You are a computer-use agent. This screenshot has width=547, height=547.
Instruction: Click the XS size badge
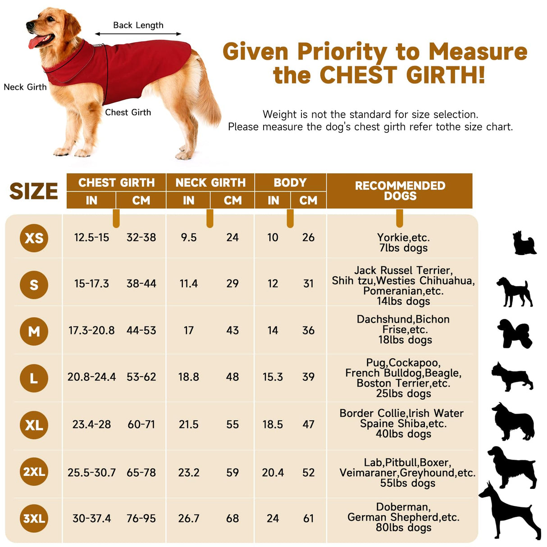[x=34, y=238]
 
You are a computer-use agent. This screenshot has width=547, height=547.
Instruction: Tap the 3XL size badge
[x=34, y=518]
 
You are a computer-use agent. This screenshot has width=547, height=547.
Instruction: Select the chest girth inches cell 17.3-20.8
[x=91, y=331]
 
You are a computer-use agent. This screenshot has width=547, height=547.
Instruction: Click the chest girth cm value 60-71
[x=141, y=424]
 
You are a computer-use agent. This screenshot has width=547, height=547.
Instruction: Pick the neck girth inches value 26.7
[x=188, y=519]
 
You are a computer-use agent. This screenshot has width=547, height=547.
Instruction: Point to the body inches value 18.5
[x=273, y=424]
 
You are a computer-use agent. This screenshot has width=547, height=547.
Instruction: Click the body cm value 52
[x=308, y=473]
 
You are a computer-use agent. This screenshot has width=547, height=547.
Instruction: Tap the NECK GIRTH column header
[x=210, y=182]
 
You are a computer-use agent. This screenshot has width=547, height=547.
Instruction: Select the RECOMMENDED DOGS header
[x=400, y=191]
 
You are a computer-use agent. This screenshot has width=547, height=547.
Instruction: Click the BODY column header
[x=290, y=182]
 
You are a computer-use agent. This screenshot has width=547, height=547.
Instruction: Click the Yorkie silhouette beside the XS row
[x=524, y=243]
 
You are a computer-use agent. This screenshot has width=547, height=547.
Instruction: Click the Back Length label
[x=138, y=25]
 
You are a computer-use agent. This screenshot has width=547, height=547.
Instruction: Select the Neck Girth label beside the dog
[x=25, y=87]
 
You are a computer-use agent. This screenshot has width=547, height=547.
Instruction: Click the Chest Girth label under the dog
[x=128, y=112]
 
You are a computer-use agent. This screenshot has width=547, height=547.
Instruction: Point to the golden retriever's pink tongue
[x=35, y=43]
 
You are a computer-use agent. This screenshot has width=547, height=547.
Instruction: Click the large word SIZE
[x=34, y=191]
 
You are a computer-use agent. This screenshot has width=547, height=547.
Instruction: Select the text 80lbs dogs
[x=403, y=528]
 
